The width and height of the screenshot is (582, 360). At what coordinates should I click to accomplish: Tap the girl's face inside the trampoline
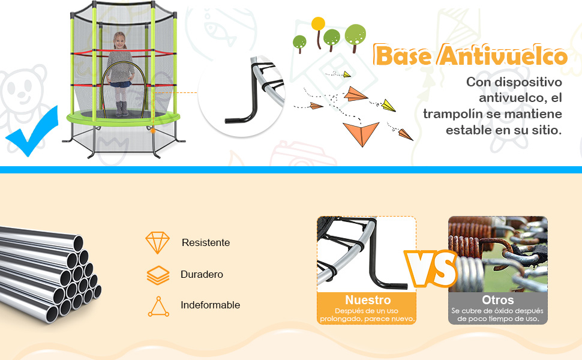coord(119,41)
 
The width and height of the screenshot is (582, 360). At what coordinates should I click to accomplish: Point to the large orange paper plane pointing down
coord(361,133)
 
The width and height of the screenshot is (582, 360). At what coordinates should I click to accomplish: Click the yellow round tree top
coord(318,23)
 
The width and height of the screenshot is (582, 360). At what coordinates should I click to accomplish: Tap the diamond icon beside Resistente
coord(157,243)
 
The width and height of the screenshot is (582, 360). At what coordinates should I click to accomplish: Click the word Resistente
coord(206,243)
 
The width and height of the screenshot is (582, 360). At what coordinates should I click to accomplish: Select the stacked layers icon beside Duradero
coord(158,275)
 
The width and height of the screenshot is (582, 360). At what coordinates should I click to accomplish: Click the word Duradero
coord(202,275)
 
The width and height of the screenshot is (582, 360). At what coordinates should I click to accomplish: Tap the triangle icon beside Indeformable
coord(158,307)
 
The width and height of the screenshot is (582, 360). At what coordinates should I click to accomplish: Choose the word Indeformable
coord(210,305)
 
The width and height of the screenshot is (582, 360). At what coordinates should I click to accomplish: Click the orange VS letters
coord(431,268)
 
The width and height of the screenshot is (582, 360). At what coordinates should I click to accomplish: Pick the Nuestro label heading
coord(368,300)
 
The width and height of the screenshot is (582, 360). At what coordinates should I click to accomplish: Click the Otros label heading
coord(498,300)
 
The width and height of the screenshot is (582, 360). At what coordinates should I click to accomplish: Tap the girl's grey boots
coord(121,109)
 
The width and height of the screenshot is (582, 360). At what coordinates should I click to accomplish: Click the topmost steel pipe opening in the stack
coord(78,244)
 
